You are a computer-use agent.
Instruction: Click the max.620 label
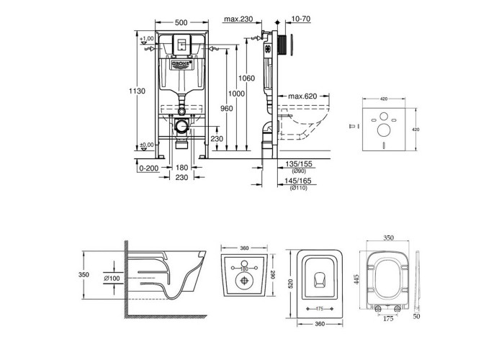tap(303, 96)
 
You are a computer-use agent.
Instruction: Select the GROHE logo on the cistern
tap(179, 66)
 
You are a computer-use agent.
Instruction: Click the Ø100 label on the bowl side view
tap(114, 279)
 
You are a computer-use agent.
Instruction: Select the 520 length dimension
tap(292, 284)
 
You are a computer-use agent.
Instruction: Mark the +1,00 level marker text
tap(147, 38)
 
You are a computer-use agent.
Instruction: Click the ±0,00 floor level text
tap(147, 145)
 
